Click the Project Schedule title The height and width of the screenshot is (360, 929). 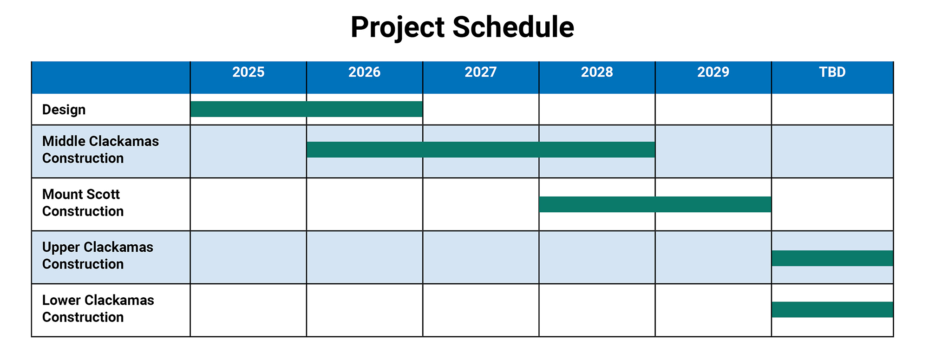pyautogui.click(x=462, y=27)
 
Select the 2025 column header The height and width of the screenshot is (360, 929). pyautogui.click(x=249, y=72)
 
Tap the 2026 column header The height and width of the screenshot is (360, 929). pyautogui.click(x=365, y=72)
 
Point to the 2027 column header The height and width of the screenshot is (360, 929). pyautogui.click(x=481, y=72)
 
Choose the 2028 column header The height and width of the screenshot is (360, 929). pyautogui.click(x=597, y=72)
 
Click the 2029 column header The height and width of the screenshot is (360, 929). pyautogui.click(x=713, y=72)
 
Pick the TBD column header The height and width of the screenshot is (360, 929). pyautogui.click(x=832, y=72)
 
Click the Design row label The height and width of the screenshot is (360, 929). pyautogui.click(x=64, y=110)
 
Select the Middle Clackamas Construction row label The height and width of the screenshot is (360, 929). pyautogui.click(x=100, y=150)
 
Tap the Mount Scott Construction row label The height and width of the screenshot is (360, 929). pyautogui.click(x=83, y=203)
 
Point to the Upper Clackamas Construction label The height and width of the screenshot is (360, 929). pyautogui.click(x=98, y=255)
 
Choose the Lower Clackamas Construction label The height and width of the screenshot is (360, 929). pyautogui.click(x=98, y=308)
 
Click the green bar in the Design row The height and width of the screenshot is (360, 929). pyautogui.click(x=307, y=109)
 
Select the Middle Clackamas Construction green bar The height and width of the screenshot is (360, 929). pyautogui.click(x=481, y=150)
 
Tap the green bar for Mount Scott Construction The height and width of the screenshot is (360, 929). pyautogui.click(x=655, y=204)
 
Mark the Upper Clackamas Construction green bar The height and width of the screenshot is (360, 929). pyautogui.click(x=832, y=258)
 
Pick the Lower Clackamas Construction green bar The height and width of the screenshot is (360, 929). pyautogui.click(x=832, y=310)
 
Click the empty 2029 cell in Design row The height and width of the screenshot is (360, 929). pyautogui.click(x=713, y=109)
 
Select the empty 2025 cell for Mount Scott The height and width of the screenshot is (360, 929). pyautogui.click(x=249, y=204)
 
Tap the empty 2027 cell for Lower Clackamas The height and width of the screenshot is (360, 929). pyautogui.click(x=481, y=310)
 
